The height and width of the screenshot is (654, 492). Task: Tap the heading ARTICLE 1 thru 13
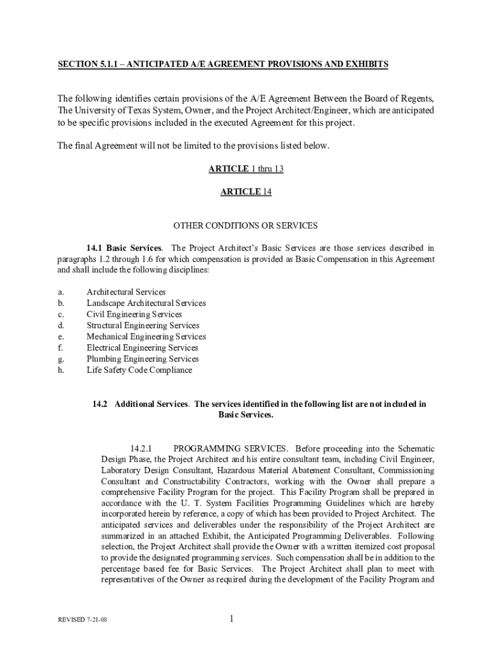point(246,169)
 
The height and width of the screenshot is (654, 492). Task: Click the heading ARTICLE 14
point(246,192)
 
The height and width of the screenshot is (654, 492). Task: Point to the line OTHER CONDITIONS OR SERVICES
point(246,225)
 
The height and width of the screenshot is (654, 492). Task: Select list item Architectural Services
point(126,292)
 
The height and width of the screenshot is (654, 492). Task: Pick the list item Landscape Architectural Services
point(146,303)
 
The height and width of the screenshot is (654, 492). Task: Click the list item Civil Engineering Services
point(134,314)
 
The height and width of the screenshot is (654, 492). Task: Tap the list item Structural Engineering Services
point(143,326)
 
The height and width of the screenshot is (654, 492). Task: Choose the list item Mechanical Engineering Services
point(146,337)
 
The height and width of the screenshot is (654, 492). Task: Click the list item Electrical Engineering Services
point(142,348)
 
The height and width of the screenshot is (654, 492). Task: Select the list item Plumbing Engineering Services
point(143,359)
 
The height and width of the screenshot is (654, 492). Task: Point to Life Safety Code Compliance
point(139,370)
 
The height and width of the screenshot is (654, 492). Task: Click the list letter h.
point(61,370)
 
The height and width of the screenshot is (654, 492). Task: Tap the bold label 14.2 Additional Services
point(141,404)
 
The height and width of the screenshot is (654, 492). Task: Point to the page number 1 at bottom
point(233,618)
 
